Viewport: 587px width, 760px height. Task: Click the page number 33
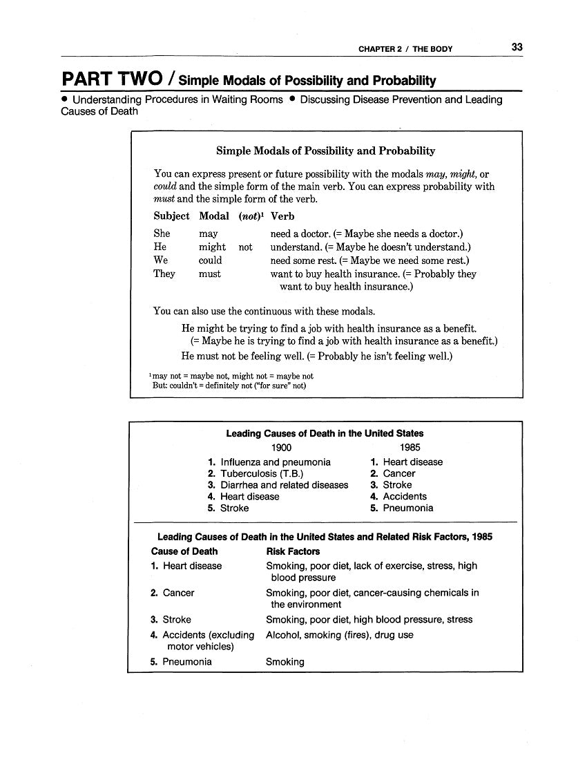pyautogui.click(x=517, y=48)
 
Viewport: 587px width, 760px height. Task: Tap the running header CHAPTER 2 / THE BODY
pyautogui.click(x=405, y=49)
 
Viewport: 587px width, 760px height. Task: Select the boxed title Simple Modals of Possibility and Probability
pyautogui.click(x=325, y=151)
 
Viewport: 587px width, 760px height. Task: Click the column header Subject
pyautogui.click(x=171, y=216)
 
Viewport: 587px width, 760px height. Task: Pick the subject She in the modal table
pyautogui.click(x=162, y=234)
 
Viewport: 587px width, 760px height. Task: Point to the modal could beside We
pyautogui.click(x=210, y=260)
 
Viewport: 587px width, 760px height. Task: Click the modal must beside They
pyautogui.click(x=209, y=274)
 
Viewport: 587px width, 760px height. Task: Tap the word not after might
pyautogui.click(x=245, y=247)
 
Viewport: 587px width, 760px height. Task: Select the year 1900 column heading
pyautogui.click(x=281, y=447)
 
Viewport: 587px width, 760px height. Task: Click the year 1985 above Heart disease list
pyautogui.click(x=410, y=447)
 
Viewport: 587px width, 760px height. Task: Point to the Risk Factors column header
pyautogui.click(x=293, y=551)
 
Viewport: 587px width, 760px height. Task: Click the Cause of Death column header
pyautogui.click(x=184, y=551)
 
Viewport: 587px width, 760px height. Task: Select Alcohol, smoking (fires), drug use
pyautogui.click(x=339, y=635)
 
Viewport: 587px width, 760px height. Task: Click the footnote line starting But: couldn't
pyautogui.click(x=229, y=386)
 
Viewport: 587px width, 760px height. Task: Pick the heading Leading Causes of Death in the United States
pyautogui.click(x=325, y=433)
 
